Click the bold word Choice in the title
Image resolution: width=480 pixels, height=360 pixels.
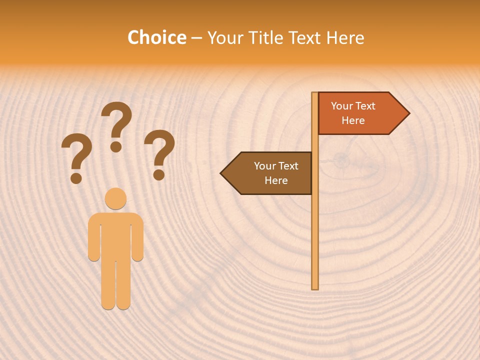pos(156,37)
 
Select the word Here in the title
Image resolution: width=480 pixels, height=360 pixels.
pos(345,37)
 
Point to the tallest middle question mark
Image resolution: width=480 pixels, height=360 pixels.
pos(116,125)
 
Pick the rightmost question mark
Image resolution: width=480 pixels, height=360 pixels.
pos(159,152)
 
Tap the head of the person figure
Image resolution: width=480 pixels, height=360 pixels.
pos(115,198)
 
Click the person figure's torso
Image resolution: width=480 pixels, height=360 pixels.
pos(115,235)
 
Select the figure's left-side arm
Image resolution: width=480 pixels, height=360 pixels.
pos(93,240)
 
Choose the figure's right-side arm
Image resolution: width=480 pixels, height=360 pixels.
pos(138,240)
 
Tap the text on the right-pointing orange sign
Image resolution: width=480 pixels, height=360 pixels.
pos(353,113)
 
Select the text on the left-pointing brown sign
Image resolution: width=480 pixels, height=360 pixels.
pos(276,173)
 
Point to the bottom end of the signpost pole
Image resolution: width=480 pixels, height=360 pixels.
pos(315,287)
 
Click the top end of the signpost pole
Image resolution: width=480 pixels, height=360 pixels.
pos(315,94)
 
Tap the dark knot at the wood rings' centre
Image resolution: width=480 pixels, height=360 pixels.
pos(341,159)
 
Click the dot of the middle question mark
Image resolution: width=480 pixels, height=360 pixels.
pos(116,146)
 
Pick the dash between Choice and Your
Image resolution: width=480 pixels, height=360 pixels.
pos(196,38)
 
